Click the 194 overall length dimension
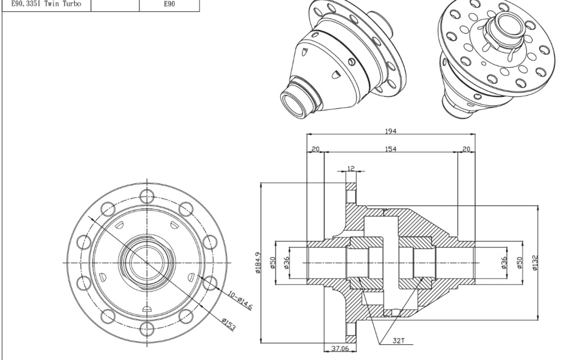click(391, 131)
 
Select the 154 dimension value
click(391, 149)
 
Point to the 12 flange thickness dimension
click(351, 168)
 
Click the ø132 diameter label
click(535, 263)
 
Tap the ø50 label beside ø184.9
click(272, 263)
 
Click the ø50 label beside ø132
click(520, 263)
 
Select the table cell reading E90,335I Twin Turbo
click(46, 5)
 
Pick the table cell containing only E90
click(169, 5)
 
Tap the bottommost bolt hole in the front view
click(147, 329)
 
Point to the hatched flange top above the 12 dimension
click(351, 186)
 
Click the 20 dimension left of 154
click(315, 149)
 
